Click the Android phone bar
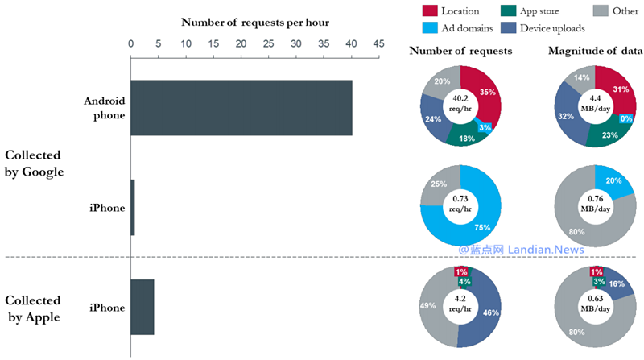(x=242, y=108)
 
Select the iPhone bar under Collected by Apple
(x=142, y=307)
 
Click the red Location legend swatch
(x=429, y=11)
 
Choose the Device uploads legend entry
(x=555, y=29)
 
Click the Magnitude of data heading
(x=595, y=52)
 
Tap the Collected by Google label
(x=35, y=163)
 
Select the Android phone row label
(x=105, y=108)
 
